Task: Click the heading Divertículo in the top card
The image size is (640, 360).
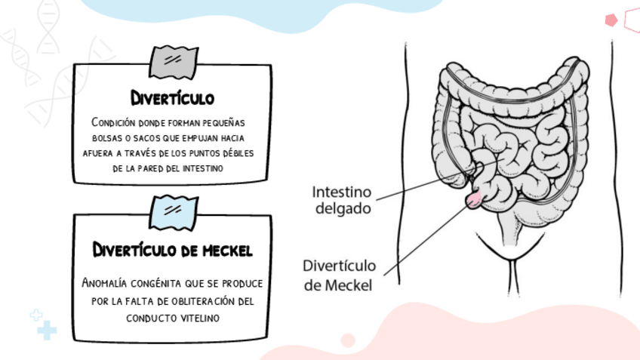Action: coord(172,98)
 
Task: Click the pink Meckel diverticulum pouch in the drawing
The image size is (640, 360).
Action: coord(475,198)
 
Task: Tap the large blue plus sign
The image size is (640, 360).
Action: coord(47,330)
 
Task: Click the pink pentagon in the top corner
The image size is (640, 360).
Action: coord(611,20)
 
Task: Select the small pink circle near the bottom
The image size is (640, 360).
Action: coord(348,340)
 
